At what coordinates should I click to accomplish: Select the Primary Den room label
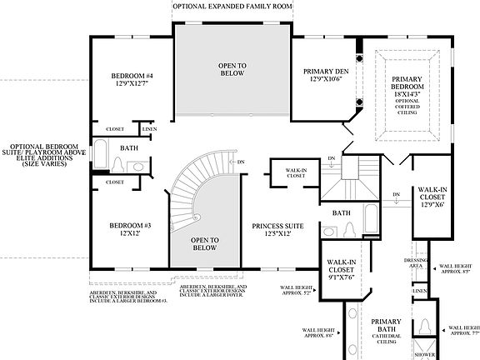coord(325,76)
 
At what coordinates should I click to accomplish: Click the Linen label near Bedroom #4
coord(149,129)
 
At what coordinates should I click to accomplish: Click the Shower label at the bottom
coord(426,354)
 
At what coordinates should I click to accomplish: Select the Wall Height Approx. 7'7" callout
coord(463,331)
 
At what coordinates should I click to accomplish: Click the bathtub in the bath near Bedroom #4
coord(99,155)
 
